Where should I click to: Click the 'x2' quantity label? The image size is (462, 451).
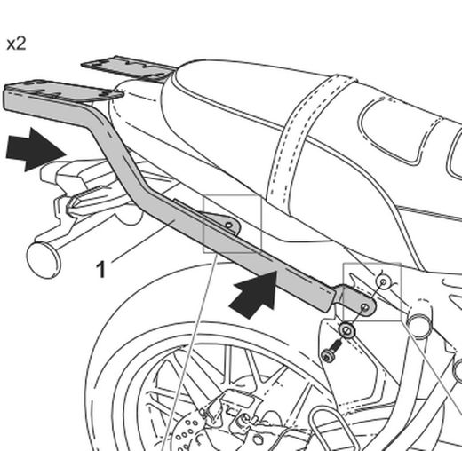[15, 43]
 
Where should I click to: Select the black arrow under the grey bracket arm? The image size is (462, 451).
[254, 294]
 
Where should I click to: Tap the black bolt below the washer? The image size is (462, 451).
[331, 355]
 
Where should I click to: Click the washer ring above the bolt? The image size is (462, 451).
[347, 332]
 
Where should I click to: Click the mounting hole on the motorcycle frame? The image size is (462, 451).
[383, 281]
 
